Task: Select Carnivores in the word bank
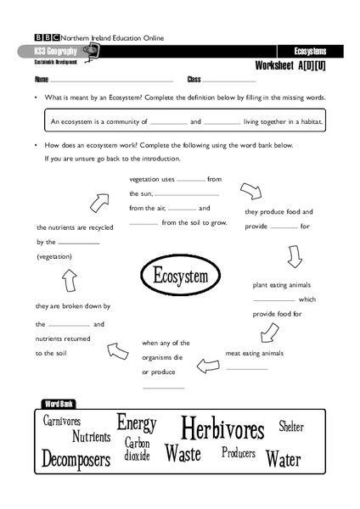pyautogui.click(x=62, y=422)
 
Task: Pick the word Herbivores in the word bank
pyautogui.click(x=223, y=428)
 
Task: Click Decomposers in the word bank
pyautogui.click(x=76, y=461)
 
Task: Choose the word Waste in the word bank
pyautogui.click(x=183, y=454)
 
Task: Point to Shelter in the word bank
pyautogui.click(x=291, y=427)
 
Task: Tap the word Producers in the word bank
pyautogui.click(x=239, y=453)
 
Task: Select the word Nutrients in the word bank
pyautogui.click(x=91, y=438)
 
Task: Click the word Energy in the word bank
pyautogui.click(x=137, y=422)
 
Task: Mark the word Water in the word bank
pyautogui.click(x=283, y=460)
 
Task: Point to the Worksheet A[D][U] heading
pyautogui.click(x=290, y=66)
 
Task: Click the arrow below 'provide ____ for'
pyautogui.click(x=295, y=256)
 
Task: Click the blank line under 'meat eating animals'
pyautogui.click(x=247, y=369)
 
